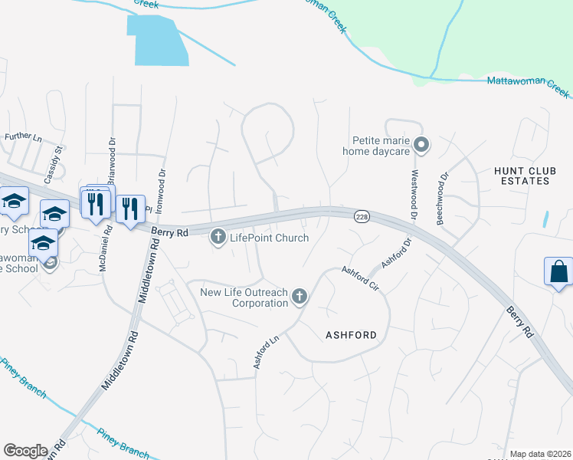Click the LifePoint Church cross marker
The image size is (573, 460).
tap(218, 238)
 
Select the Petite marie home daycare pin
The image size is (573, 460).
tap(421, 144)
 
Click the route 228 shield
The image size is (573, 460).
tap(362, 219)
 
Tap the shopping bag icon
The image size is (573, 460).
tap(558, 272)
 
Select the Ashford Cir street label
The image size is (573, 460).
tap(361, 279)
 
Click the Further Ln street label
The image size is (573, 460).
tap(22, 136)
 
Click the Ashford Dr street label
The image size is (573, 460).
tap(397, 252)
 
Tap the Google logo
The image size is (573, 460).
tap(25, 451)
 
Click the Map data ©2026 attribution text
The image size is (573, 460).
tap(539, 454)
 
